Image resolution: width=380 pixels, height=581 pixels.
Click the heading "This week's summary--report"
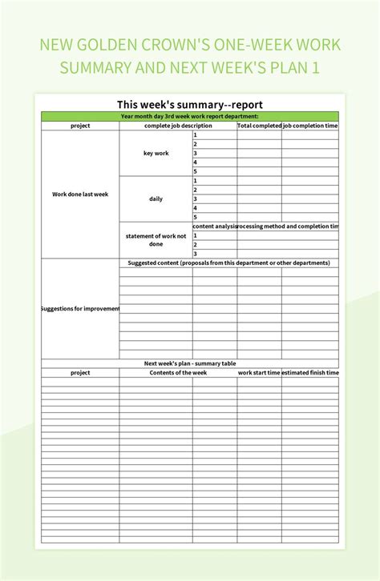[190, 104]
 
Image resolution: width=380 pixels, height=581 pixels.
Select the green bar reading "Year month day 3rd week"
[190, 116]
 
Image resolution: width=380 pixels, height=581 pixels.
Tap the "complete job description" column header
[178, 126]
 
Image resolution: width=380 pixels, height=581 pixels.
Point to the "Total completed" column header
[259, 126]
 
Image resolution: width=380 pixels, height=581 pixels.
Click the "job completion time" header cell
[310, 126]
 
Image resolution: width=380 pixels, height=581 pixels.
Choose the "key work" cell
[156, 153]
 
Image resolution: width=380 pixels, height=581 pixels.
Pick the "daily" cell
[156, 198]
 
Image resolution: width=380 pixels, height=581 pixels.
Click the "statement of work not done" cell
[156, 240]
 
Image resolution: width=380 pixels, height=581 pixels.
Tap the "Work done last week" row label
[80, 194]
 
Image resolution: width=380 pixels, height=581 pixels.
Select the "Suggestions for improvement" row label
[80, 309]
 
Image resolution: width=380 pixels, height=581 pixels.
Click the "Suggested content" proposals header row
[229, 262]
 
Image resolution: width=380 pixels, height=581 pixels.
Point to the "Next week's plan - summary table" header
[190, 363]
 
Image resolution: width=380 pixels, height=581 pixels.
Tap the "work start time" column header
[259, 373]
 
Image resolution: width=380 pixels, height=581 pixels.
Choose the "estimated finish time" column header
[310, 373]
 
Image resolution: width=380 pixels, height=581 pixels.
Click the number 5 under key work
[195, 171]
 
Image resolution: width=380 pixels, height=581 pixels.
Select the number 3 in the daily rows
[195, 198]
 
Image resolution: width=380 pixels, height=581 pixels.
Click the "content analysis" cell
[214, 226]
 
